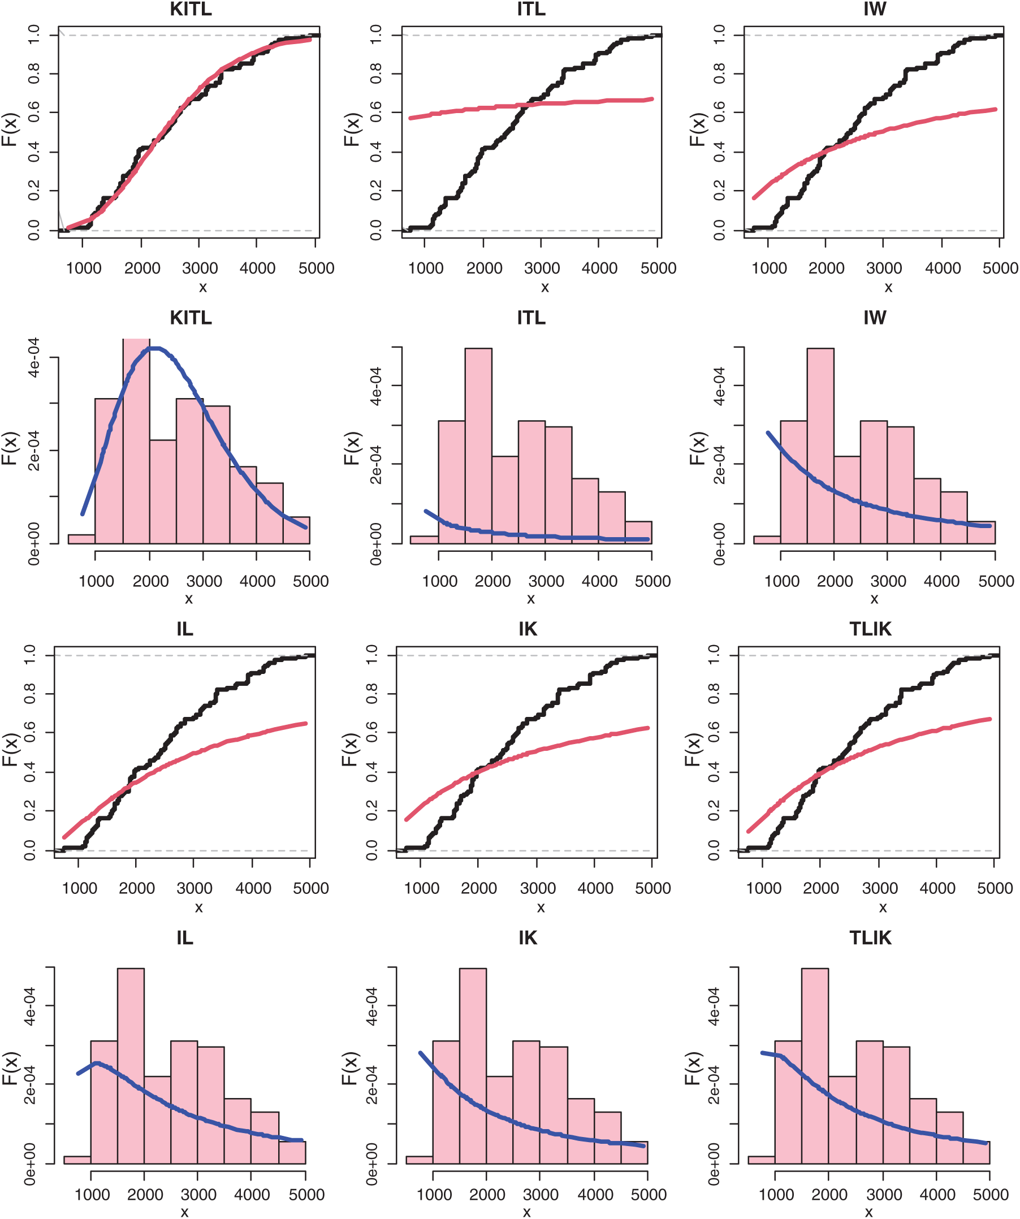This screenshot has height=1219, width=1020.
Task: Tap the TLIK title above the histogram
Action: pyautogui.click(x=870, y=938)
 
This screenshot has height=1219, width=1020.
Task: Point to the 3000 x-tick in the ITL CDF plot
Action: pyautogui.click(x=542, y=268)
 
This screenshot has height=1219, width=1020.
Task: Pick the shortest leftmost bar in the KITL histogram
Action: pyautogui.click(x=81, y=539)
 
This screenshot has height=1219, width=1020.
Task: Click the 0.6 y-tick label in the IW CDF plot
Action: pyautogui.click(x=719, y=113)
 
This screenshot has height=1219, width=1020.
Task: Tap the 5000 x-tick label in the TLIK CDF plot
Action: pyautogui.click(x=995, y=888)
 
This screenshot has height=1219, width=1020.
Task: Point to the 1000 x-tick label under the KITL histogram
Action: pyautogui.click(x=96, y=581)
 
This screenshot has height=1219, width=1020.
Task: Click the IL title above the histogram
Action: pyautogui.click(x=185, y=938)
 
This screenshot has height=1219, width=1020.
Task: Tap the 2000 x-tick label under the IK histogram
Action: pyautogui.click(x=487, y=1195)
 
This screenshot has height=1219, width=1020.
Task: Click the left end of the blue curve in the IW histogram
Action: pyautogui.click(x=768, y=433)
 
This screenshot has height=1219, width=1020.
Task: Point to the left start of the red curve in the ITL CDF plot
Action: pyautogui.click(x=410, y=118)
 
